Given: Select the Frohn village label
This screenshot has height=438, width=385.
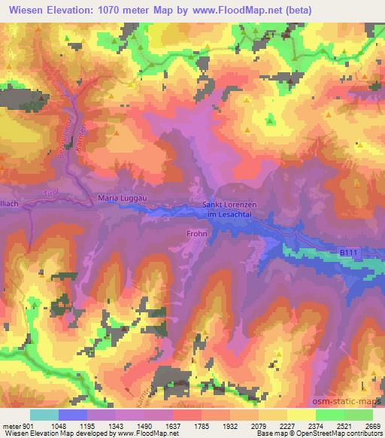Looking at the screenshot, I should pos(196,234).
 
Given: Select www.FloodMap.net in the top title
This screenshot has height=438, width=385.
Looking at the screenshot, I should pos(232,9).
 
